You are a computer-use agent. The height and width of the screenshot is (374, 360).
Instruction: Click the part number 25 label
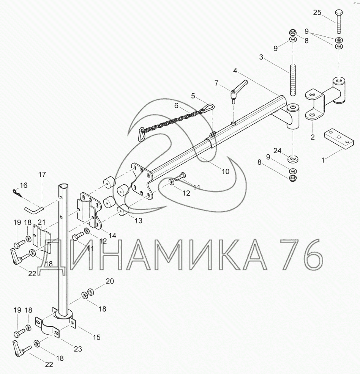pyautogui.click(x=317, y=13)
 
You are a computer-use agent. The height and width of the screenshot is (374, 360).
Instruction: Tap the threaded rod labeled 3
pyautogui.click(x=293, y=80)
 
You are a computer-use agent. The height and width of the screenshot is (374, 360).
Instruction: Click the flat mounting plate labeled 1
pyautogui.click(x=338, y=140)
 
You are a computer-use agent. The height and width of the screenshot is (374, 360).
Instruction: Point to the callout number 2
pyautogui.click(x=313, y=137)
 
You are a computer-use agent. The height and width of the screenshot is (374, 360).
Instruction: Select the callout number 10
pyautogui.click(x=225, y=171)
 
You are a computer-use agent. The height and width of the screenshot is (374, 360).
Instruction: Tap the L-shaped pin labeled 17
pyautogui.click(x=34, y=209)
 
